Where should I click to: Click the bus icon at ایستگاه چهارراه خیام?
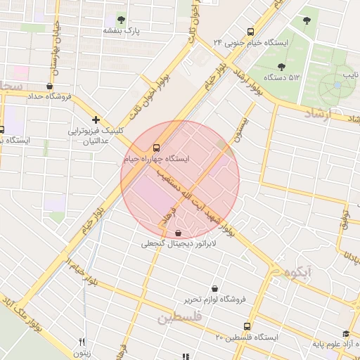pyautogui.click(x=156, y=148)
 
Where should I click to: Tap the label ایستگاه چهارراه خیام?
pyautogui.click(x=155, y=160)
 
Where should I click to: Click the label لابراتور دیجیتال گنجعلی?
pyautogui.click(x=180, y=244)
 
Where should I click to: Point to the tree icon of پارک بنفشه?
pyautogui.click(x=122, y=20)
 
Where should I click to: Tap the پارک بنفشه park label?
pyautogui.click(x=122, y=31)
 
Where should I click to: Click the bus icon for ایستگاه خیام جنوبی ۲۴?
pyautogui.click(x=251, y=32)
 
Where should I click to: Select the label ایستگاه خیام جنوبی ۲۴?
pyautogui.click(x=252, y=43)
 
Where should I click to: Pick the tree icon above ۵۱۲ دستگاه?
pyautogui.click(x=281, y=67)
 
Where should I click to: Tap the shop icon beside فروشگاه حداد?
pyautogui.click(x=49, y=86)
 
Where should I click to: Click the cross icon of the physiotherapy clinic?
pyautogui.click(x=96, y=120)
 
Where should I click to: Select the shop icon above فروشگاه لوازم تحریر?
pyautogui.click(x=214, y=288)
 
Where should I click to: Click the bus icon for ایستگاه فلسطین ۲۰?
pyautogui.click(x=247, y=326)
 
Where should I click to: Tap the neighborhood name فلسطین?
pyautogui.click(x=180, y=318)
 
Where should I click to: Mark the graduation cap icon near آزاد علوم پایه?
pyautogui.click(x=345, y=334)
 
